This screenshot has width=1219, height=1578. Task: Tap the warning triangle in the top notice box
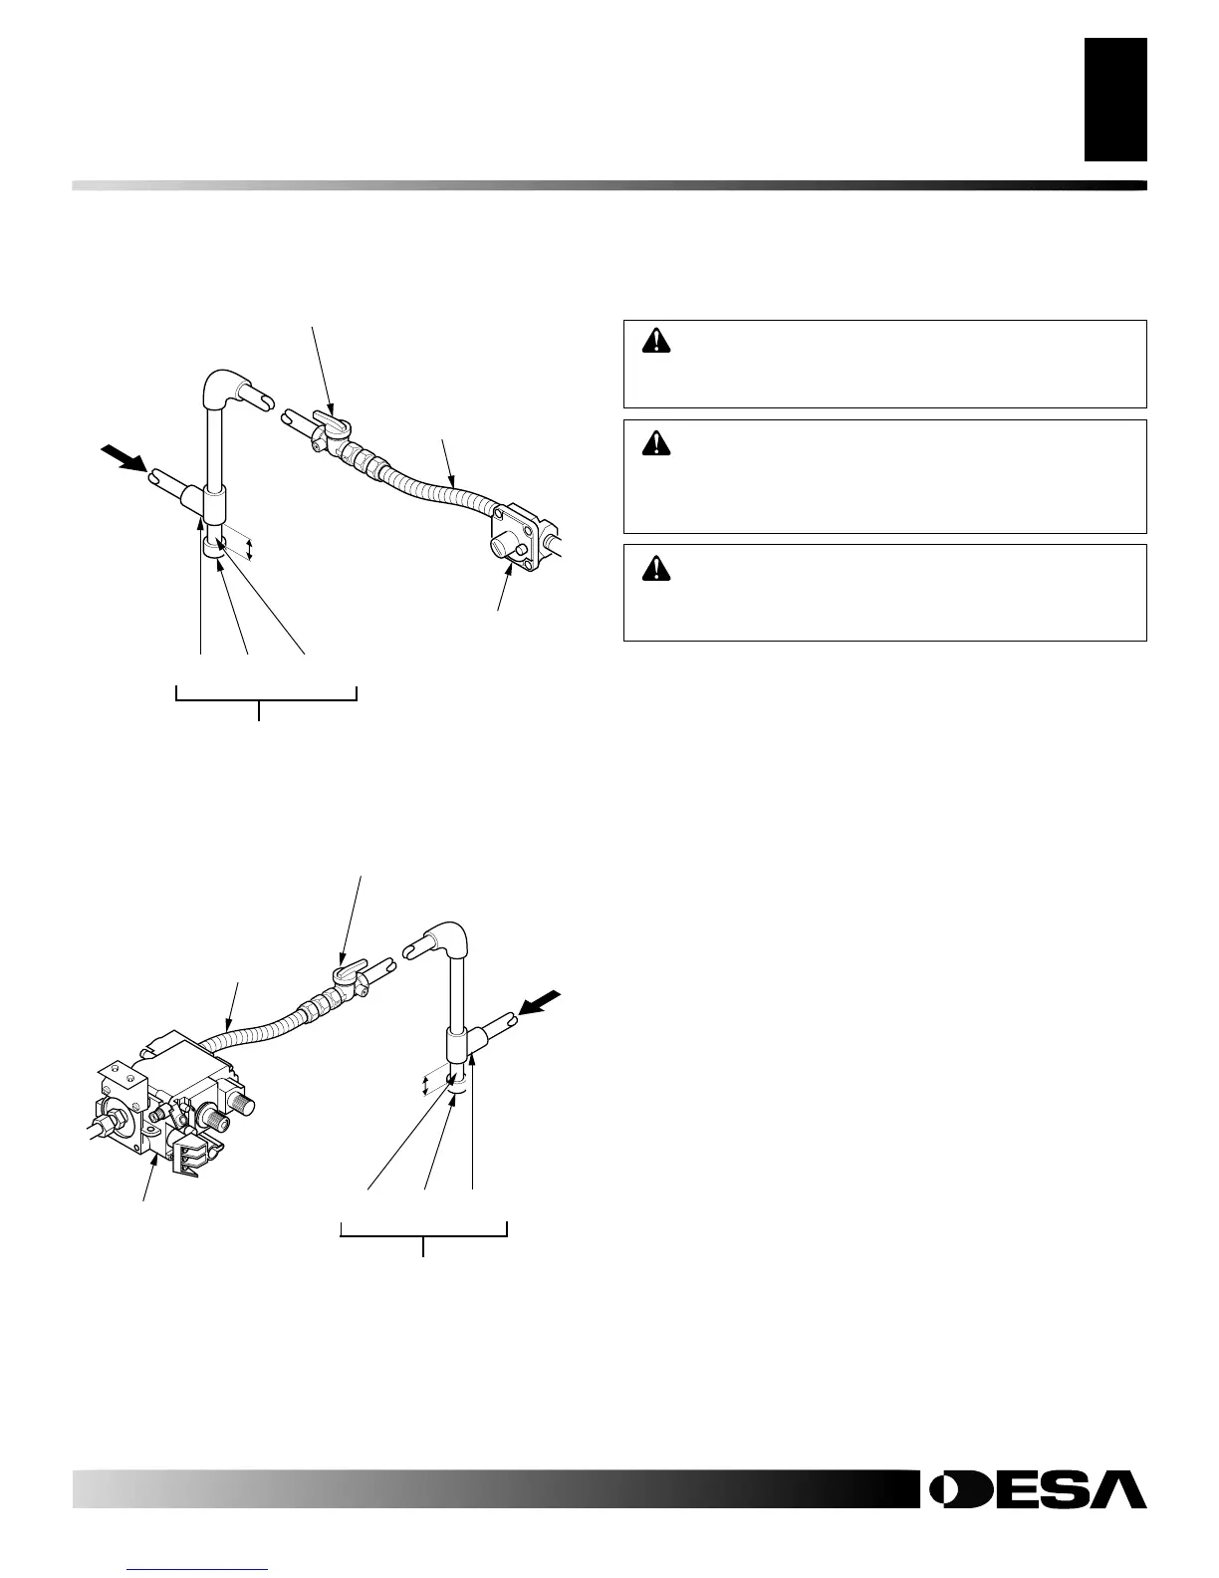[x=656, y=341]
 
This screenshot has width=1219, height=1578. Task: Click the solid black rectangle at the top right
[x=1115, y=99]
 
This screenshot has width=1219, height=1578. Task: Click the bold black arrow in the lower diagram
[x=541, y=1002]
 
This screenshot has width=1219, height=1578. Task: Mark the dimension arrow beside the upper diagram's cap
[x=251, y=547]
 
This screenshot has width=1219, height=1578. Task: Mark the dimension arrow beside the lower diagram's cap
[x=425, y=1084]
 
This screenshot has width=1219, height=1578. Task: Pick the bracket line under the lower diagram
[x=424, y=1236]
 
